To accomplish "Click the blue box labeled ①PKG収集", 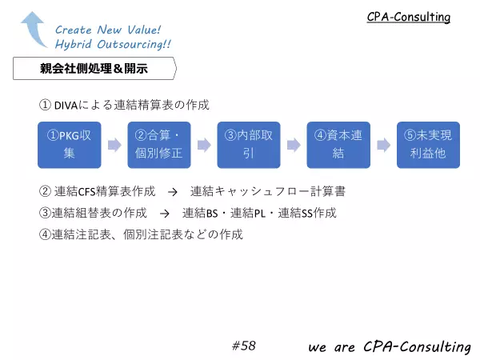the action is (x=69, y=145).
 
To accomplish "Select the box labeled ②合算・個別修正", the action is (x=159, y=145).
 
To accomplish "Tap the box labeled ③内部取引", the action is (x=249, y=145).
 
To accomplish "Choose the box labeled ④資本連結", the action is (x=338, y=145).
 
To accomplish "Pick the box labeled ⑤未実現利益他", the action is (x=428, y=145).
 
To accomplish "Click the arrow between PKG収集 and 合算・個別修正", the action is (x=114, y=145).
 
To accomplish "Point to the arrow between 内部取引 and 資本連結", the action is (x=294, y=145).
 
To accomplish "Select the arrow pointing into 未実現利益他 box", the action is (x=383, y=145).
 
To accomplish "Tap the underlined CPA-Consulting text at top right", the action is (x=409, y=17).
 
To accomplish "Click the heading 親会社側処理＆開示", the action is (x=94, y=68).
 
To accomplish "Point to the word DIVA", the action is (x=66, y=106).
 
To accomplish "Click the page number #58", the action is (x=244, y=346).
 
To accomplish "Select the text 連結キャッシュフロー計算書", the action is (x=268, y=191).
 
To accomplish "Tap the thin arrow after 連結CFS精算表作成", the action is (x=173, y=192).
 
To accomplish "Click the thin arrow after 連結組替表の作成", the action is (x=165, y=214).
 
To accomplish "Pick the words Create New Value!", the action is (x=108, y=30).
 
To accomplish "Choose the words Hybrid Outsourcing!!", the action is (x=113, y=44).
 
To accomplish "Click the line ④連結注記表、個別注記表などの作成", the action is (x=141, y=234).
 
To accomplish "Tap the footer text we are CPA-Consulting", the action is (x=390, y=347).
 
